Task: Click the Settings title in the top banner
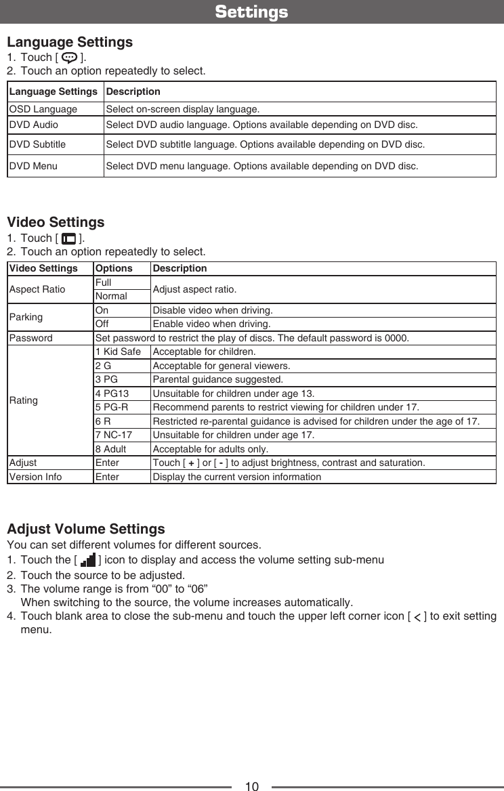tap(251, 12)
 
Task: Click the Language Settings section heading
tap(70, 42)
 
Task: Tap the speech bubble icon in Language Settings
tap(70, 57)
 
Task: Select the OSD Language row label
tap(43, 110)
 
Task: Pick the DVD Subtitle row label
tap(37, 144)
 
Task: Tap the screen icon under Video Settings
tap(68, 238)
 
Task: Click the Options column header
tap(114, 268)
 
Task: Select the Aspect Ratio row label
tap(37, 290)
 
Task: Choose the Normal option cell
tap(111, 297)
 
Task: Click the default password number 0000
tap(396, 338)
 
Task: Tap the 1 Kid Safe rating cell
tap(119, 352)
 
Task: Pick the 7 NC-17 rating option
tap(114, 434)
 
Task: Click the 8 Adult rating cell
tap(110, 449)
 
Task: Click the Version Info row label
tap(35, 477)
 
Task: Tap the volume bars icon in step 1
tap(87, 561)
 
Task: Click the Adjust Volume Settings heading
tap(85, 528)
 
